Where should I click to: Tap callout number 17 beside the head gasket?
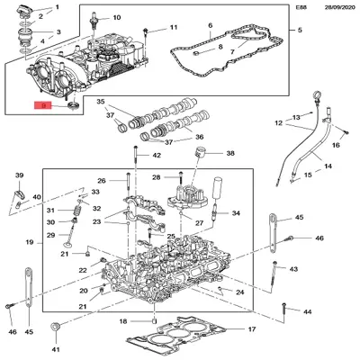click(251, 329)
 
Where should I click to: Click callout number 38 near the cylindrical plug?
click(229, 154)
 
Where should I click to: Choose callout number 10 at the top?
click(116, 18)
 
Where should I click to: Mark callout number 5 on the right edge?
click(300, 29)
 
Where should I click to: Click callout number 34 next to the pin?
click(237, 213)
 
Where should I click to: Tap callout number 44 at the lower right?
click(307, 311)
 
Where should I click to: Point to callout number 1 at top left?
click(58, 7)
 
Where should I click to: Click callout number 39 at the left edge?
click(19, 175)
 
